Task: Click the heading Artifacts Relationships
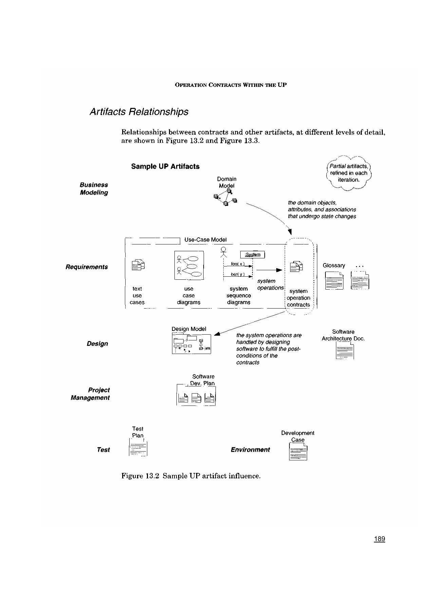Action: click(x=139, y=112)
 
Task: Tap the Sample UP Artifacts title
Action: click(x=165, y=166)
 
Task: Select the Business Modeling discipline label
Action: click(x=94, y=189)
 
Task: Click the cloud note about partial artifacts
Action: click(x=349, y=173)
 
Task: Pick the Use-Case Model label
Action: click(x=205, y=240)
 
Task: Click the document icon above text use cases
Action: click(x=138, y=265)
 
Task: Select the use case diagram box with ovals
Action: click(x=189, y=265)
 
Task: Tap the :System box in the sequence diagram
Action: click(x=253, y=255)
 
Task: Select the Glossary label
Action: click(x=334, y=265)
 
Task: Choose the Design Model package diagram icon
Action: click(x=191, y=344)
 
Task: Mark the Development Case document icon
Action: click(x=298, y=452)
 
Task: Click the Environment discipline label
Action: click(x=250, y=450)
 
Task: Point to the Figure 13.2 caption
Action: click(x=191, y=476)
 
